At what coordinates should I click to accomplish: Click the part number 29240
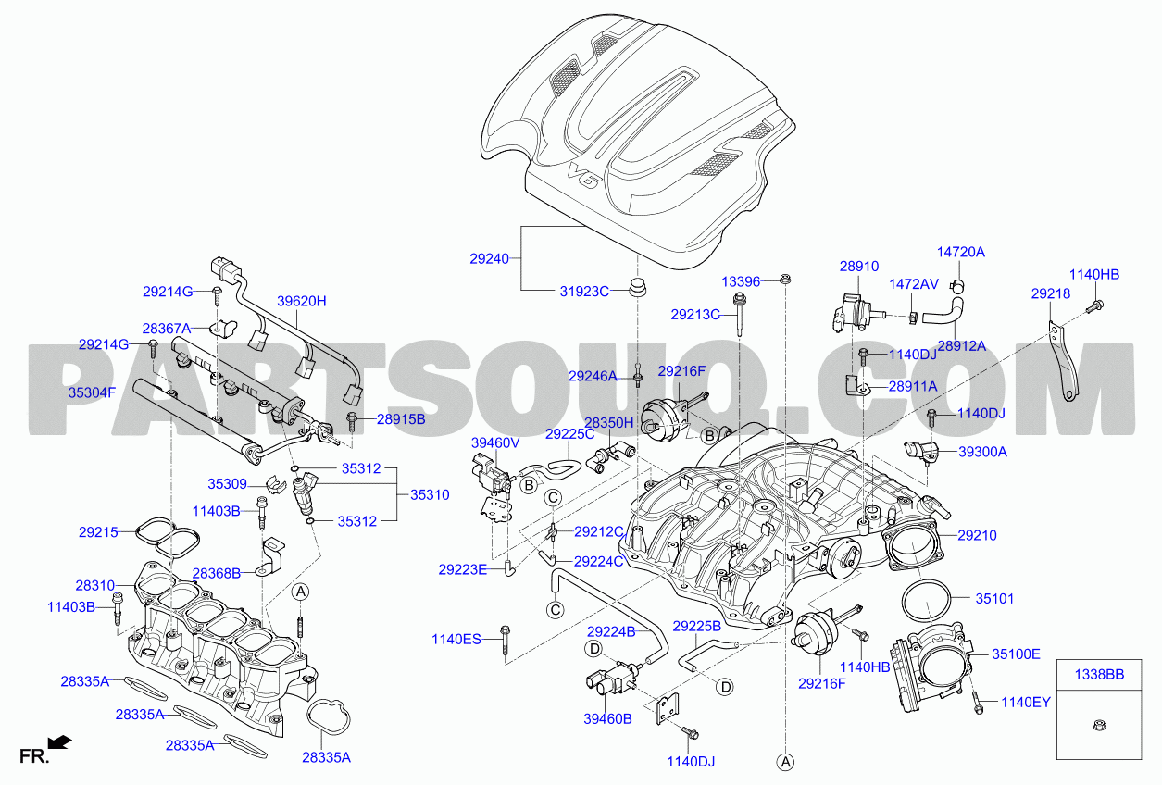pyautogui.click(x=489, y=258)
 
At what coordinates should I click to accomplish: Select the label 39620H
pyautogui.click(x=302, y=301)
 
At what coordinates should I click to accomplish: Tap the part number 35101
pyautogui.click(x=994, y=598)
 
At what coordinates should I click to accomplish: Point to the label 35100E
pyautogui.click(x=1016, y=654)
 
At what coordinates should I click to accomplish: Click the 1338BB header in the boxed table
pyautogui.click(x=1099, y=675)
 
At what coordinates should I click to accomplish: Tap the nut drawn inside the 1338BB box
pyautogui.click(x=1099, y=725)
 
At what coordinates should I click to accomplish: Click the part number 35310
pyautogui.click(x=430, y=494)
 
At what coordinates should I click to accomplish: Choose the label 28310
pyautogui.click(x=95, y=585)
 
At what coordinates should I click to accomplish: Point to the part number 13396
pyautogui.click(x=741, y=281)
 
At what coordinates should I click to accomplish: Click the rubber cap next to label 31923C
pyautogui.click(x=637, y=287)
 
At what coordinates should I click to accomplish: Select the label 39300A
pyautogui.click(x=982, y=452)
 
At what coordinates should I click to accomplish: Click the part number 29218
pyautogui.click(x=1051, y=293)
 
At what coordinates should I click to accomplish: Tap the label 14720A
pyautogui.click(x=961, y=252)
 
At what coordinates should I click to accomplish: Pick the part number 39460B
pyautogui.click(x=607, y=719)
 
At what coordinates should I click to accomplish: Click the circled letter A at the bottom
pyautogui.click(x=785, y=762)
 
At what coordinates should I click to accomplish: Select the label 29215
pyautogui.click(x=98, y=532)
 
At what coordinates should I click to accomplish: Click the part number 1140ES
pyautogui.click(x=456, y=640)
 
